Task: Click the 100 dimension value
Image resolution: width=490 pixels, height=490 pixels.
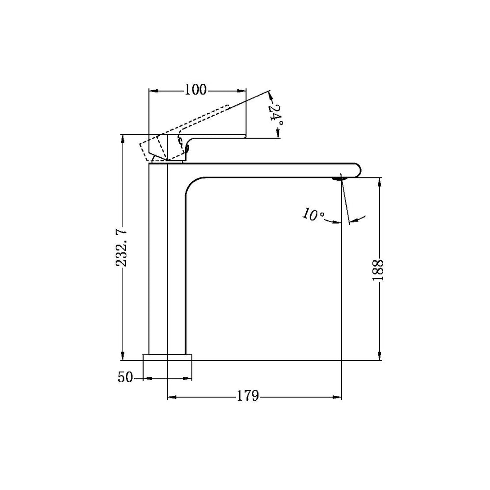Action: [x=196, y=90]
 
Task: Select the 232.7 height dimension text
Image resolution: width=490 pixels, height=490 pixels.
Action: [x=121, y=247]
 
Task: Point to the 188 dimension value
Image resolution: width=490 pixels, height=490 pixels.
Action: [x=378, y=270]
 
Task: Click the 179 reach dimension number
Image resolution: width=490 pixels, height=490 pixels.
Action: [x=248, y=396]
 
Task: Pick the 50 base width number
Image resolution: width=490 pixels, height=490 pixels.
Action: [x=125, y=377]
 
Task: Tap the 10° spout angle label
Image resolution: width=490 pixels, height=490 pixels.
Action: [x=313, y=215]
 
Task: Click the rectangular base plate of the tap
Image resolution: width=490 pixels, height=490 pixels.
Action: [x=167, y=358]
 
